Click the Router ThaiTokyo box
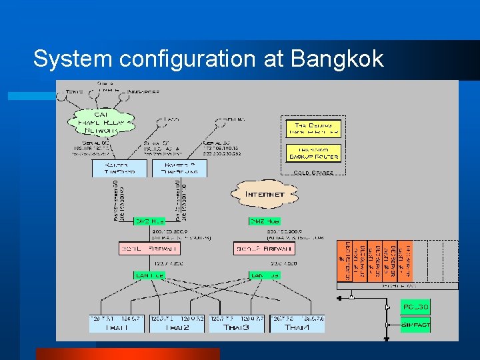point(119,168)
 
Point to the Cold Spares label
point(313,171)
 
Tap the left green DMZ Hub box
point(150,221)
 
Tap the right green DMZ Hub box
point(265,221)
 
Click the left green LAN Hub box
point(150,275)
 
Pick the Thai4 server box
point(297,323)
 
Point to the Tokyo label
point(75,91)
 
